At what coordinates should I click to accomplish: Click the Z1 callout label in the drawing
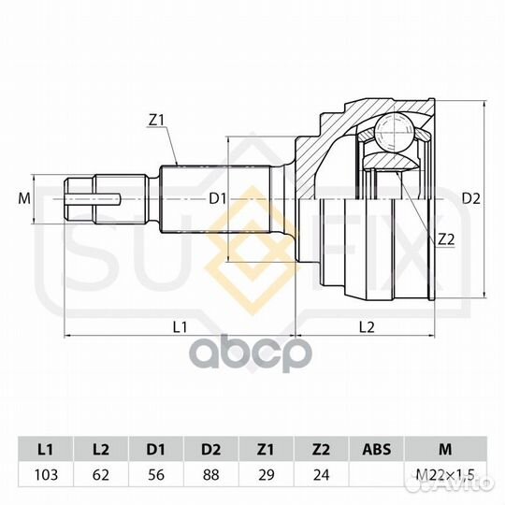[156, 121]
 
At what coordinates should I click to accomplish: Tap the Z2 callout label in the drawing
[446, 239]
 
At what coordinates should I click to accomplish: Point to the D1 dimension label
[218, 198]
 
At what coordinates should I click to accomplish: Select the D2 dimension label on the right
[470, 198]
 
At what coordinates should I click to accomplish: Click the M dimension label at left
[24, 198]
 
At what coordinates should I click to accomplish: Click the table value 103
[46, 475]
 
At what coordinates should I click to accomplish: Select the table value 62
[101, 475]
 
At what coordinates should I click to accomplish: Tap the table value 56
[156, 475]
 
